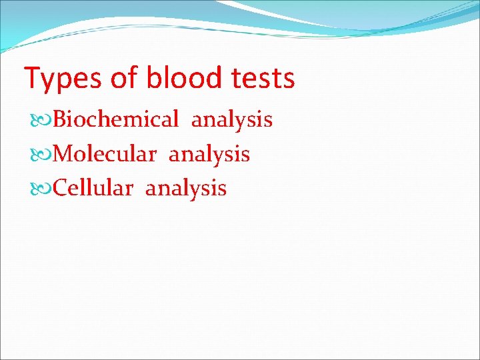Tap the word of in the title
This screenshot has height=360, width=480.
[124, 78]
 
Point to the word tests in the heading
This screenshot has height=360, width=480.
[260, 79]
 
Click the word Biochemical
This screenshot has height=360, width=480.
[115, 120]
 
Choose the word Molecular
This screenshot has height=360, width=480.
[104, 155]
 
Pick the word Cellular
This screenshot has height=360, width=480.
[93, 189]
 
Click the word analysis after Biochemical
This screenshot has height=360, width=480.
[232, 121]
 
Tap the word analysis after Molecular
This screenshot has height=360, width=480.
[209, 155]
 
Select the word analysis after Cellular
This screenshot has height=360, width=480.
[186, 189]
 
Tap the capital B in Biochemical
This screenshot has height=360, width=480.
[60, 120]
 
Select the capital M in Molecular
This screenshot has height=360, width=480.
[63, 155]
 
